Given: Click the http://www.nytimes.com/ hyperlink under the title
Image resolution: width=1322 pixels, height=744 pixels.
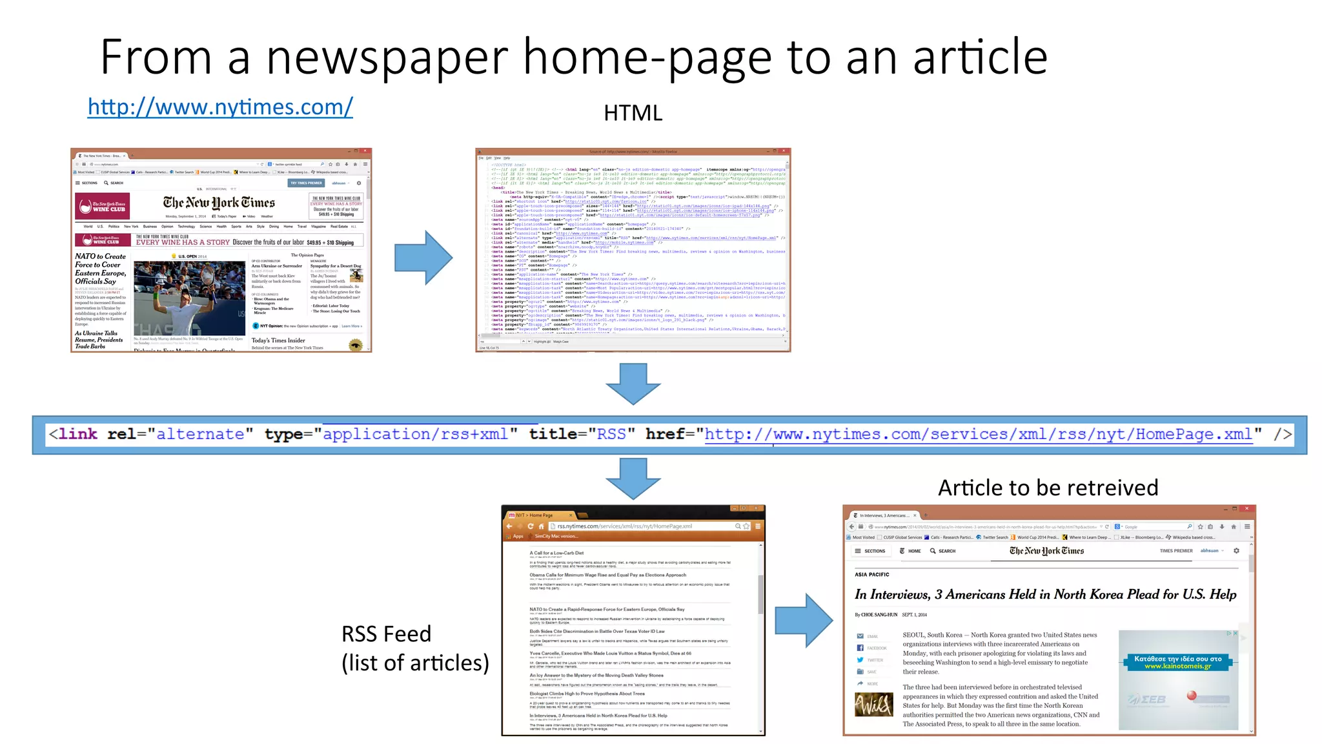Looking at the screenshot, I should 220,107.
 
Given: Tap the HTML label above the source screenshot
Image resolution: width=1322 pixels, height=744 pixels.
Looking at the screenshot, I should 633,113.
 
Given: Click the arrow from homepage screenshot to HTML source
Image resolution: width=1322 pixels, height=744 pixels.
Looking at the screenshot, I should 423,257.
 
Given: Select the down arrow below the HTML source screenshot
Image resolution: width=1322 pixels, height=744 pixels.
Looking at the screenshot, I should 633,384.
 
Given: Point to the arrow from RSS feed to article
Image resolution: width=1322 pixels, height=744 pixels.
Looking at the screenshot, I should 803,620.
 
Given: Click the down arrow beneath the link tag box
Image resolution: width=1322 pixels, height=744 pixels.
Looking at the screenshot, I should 633,478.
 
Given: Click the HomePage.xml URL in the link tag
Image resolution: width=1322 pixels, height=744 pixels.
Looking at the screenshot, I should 978,435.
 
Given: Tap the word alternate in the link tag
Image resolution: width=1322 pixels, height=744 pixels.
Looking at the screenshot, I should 200,435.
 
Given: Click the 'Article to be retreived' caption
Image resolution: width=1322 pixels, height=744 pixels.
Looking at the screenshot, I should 1048,488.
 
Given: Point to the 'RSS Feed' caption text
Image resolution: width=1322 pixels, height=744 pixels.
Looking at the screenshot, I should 386,634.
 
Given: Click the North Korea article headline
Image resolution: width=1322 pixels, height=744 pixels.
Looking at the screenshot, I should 1045,594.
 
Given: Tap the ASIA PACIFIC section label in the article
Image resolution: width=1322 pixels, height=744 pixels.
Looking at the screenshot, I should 871,574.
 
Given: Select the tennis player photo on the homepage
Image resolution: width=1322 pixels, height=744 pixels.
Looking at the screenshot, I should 189,298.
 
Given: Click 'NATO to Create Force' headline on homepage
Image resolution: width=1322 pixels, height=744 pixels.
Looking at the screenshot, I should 100,269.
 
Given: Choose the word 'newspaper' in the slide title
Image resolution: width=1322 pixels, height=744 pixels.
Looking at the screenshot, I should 387,58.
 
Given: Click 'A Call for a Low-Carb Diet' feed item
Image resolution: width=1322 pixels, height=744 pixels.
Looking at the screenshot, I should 556,553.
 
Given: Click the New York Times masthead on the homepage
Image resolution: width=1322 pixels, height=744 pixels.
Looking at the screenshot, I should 219,203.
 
